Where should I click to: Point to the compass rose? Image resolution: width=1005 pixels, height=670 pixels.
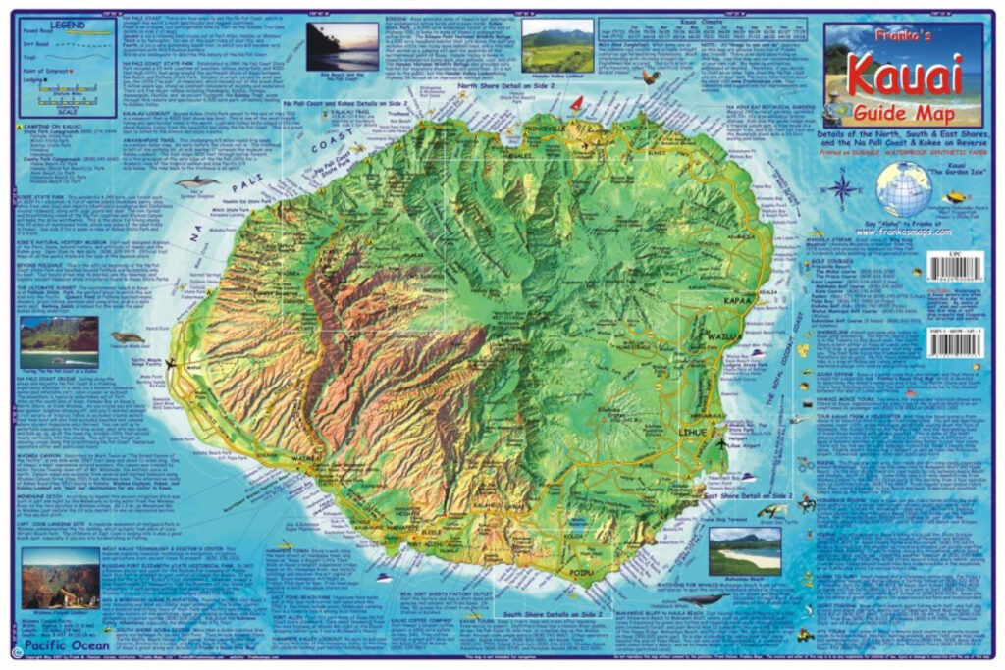pos(842,188)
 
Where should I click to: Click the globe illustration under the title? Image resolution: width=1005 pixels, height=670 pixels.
pos(904,189)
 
